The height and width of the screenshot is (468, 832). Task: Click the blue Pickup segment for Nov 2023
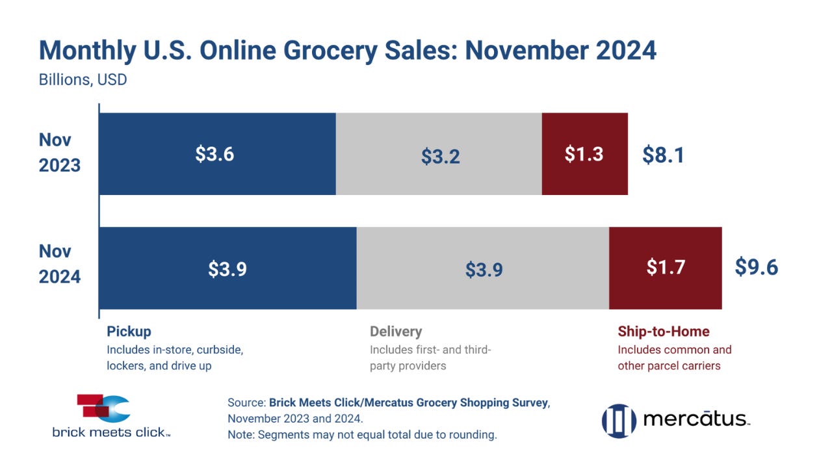tap(217, 154)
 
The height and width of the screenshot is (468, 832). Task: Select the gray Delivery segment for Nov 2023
tap(439, 154)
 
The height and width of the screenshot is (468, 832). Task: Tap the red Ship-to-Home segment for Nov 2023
tap(584, 154)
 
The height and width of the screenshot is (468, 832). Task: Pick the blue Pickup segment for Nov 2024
tap(227, 268)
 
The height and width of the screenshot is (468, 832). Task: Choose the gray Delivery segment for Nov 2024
tap(483, 268)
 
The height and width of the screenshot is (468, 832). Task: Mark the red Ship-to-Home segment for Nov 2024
tap(665, 268)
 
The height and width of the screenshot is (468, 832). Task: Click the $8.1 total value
tap(663, 155)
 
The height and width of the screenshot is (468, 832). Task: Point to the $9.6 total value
tap(756, 267)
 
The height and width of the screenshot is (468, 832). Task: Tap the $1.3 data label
tap(584, 154)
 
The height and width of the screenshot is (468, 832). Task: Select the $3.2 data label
tap(440, 157)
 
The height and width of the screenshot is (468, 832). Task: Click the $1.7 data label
tap(666, 267)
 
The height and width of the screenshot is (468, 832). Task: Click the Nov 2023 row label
tap(60, 153)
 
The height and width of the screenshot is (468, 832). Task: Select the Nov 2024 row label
tap(60, 265)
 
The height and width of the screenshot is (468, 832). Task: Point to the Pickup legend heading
tap(129, 331)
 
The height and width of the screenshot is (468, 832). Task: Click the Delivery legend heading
tap(396, 331)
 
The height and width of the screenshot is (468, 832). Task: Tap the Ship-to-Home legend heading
tap(663, 331)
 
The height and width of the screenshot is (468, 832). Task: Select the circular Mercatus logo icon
tap(618, 420)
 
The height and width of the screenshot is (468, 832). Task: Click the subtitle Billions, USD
tap(83, 81)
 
